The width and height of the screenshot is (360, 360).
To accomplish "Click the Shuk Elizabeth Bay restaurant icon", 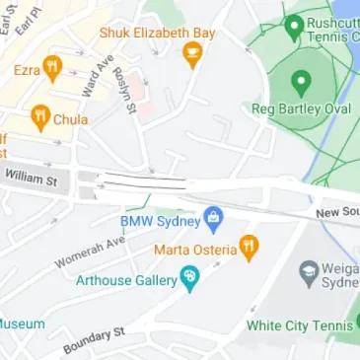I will point(192,55).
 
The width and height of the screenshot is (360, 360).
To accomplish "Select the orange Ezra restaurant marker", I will point(53,68).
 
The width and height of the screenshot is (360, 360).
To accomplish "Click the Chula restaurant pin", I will point(39,118).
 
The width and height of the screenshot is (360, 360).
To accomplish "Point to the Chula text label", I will point(71,119).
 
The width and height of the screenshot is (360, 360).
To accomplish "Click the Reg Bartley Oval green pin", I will point(301,81).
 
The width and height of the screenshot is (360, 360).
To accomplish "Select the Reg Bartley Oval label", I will point(301,108).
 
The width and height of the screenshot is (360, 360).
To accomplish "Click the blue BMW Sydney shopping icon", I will point(212,218).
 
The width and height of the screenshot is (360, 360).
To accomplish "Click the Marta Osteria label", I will point(194,249).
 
